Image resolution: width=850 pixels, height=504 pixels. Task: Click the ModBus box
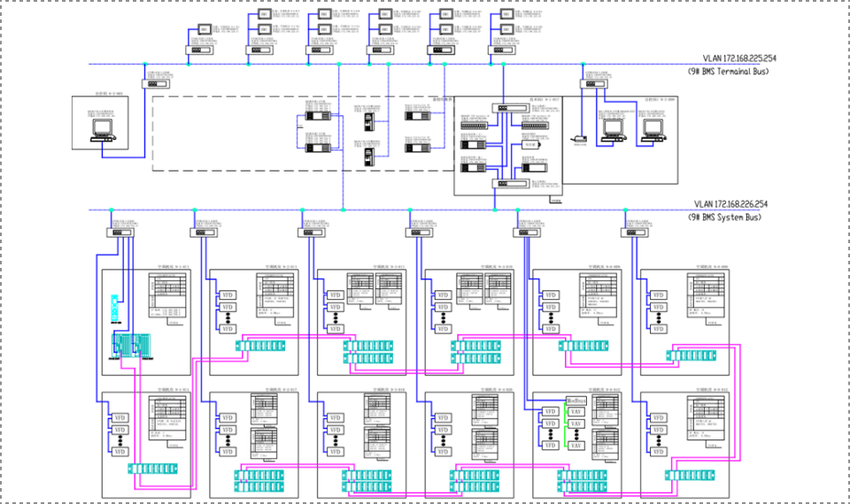576,401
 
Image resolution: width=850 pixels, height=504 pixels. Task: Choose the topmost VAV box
576,412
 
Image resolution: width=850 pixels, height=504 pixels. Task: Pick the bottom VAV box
576,446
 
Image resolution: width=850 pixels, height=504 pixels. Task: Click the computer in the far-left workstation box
103,130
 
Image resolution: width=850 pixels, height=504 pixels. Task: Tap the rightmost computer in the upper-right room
653,130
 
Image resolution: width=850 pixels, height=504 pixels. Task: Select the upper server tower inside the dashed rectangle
367,122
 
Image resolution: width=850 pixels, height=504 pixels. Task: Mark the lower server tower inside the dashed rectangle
367,155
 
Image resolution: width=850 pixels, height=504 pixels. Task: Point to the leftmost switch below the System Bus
118,233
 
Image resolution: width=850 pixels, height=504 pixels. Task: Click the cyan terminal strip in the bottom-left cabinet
152,469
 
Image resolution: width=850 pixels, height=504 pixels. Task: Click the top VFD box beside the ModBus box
550,412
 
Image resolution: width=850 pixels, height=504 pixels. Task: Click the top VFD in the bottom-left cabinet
120,418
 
